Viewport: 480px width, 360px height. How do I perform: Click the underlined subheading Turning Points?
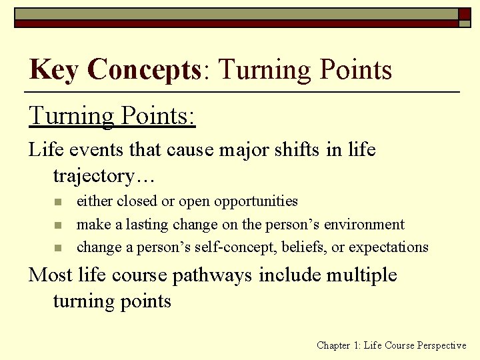click(x=112, y=115)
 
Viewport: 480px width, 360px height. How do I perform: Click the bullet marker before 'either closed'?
click(x=58, y=202)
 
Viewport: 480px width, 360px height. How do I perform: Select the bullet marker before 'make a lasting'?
click(x=58, y=225)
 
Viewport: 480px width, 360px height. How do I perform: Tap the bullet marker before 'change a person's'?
click(x=58, y=248)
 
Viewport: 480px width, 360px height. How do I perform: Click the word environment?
click(x=364, y=224)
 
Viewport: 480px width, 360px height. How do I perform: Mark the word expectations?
click(x=389, y=247)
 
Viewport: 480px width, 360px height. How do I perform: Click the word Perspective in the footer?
click(x=442, y=345)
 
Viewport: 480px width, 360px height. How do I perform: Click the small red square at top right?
click(x=464, y=13)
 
